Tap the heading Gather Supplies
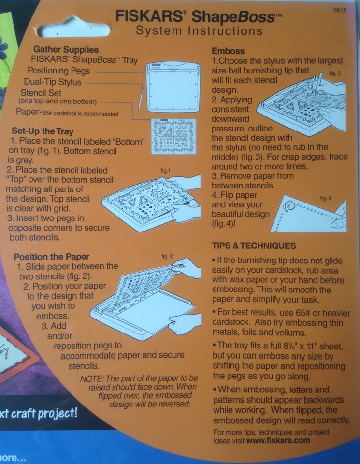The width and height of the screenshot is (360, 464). coord(66,50)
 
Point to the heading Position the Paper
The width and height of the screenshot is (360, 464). coord(51,256)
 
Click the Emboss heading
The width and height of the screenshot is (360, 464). coord(229,51)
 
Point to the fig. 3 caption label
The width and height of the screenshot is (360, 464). coord(335,72)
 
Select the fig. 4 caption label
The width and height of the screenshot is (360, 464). coord(326,199)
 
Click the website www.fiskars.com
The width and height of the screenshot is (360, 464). coord(278,441)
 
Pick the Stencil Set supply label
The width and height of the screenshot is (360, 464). coord(47,93)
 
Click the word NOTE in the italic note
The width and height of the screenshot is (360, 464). coord(94,377)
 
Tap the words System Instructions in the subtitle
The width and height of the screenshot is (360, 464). coord(199,31)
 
